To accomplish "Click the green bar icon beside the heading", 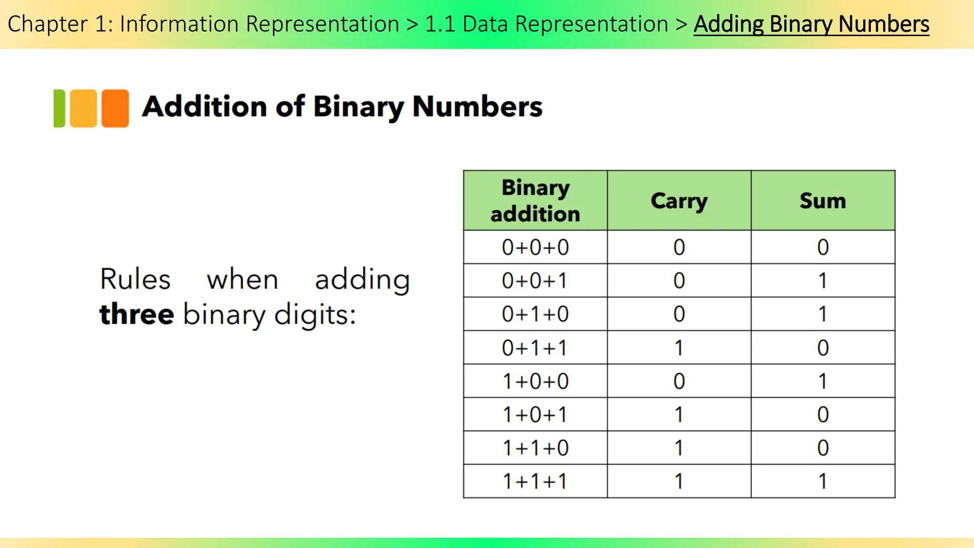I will (59, 108).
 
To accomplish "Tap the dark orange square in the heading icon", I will (115, 108).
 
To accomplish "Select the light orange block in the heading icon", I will (83, 108).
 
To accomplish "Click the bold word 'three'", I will (136, 314).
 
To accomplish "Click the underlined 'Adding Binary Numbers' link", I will (811, 24).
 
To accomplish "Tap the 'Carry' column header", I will (679, 201).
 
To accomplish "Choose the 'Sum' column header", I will (823, 201).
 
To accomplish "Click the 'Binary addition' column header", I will (535, 201).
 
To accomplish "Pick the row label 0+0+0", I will (535, 247).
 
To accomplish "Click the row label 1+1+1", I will (535, 481).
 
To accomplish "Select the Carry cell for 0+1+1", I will (679, 348).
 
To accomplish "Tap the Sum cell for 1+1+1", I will (823, 481).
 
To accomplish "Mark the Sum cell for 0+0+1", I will (823, 281).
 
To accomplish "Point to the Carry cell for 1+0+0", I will (679, 381).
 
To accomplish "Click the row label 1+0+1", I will (535, 415).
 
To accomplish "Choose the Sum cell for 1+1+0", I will (823, 448).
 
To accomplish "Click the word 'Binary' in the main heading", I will (358, 107).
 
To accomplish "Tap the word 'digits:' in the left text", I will (315, 314).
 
